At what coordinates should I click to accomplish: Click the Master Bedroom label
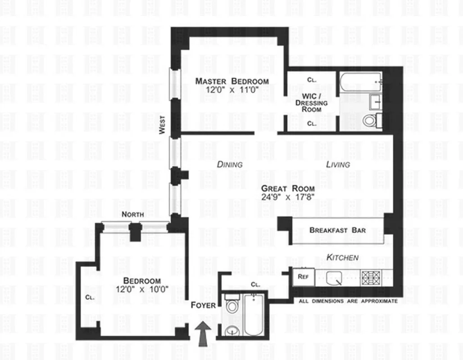[231, 81]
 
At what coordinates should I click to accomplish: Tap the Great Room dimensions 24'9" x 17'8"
[288, 197]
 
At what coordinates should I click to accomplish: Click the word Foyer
[203, 305]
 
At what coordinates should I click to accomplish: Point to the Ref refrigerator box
[303, 277]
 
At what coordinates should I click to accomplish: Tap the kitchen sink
[334, 278]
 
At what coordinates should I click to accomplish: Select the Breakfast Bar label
[337, 230]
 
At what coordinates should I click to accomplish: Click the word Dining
[230, 164]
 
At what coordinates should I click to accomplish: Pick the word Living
[338, 164]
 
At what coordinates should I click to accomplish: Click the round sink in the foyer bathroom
[231, 332]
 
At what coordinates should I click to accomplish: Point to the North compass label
[133, 215]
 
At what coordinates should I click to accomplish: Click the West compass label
[162, 125]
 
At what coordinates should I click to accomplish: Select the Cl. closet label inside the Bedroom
[90, 297]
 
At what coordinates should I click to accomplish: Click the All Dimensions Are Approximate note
[348, 301]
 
